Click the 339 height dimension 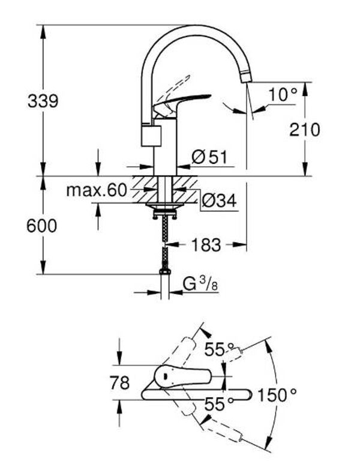click(43, 101)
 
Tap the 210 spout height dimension click(305, 130)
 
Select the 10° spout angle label click(283, 95)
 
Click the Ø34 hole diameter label click(219, 200)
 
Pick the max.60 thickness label click(97, 190)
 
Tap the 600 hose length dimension click(41, 226)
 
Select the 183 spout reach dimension click(206, 244)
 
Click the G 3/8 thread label click(200, 284)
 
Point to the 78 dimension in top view click(120, 383)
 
